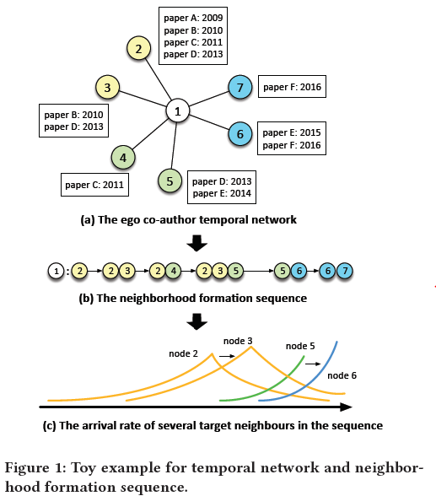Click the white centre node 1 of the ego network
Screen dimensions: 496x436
click(x=177, y=111)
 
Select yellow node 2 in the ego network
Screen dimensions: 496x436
click(x=137, y=49)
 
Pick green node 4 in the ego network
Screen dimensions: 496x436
click(x=123, y=157)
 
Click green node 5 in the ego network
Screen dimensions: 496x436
click(x=170, y=181)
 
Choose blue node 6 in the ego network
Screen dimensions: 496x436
click(x=240, y=133)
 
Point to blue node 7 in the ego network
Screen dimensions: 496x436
click(x=240, y=88)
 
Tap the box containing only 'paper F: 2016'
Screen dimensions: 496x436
click(x=292, y=86)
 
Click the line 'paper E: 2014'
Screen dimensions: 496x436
click(x=223, y=193)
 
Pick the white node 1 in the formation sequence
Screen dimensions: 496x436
click(x=55, y=272)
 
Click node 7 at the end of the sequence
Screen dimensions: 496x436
click(x=343, y=272)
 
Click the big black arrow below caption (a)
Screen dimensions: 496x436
click(x=196, y=244)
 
